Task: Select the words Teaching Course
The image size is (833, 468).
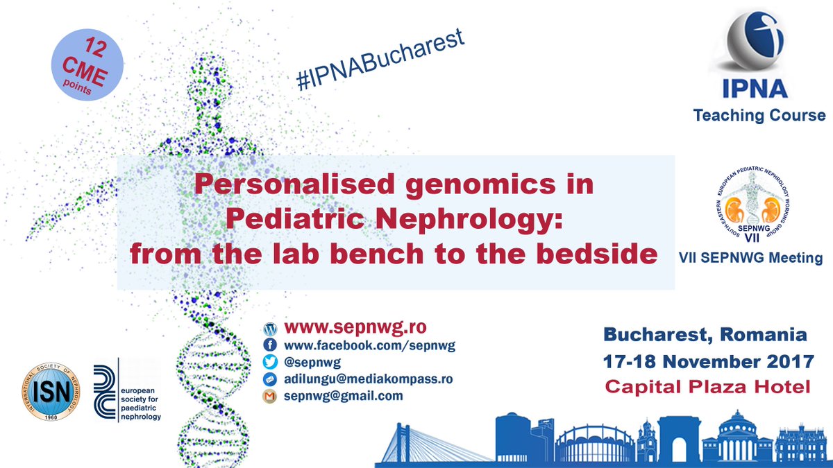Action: (759, 115)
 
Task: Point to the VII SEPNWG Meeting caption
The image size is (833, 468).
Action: (750, 258)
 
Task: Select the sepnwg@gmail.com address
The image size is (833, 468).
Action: (343, 396)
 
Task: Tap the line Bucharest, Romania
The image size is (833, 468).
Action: (705, 336)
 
